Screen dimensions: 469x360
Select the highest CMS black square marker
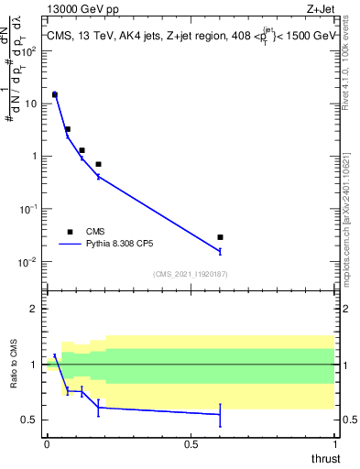pyautogui.click(x=55, y=94)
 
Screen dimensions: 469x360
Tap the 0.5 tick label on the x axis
pyautogui.click(x=191, y=444)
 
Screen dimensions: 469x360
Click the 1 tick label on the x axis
pyautogui.click(x=335, y=444)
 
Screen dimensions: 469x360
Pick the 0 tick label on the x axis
pyautogui.click(x=47, y=444)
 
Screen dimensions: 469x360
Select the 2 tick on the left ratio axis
pyautogui.click(x=36, y=309)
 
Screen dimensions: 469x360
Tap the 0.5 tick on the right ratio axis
pyautogui.click(x=348, y=420)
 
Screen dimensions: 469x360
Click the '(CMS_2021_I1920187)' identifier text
pyautogui.click(x=191, y=273)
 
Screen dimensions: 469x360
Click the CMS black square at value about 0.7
pyautogui.click(x=98, y=164)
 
